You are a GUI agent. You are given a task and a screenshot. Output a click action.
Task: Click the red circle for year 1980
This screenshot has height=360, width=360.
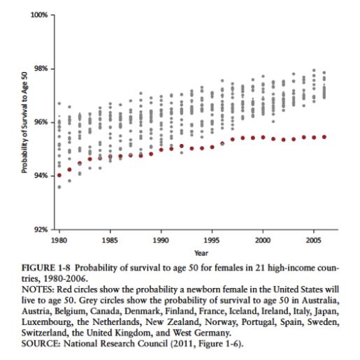(59, 175)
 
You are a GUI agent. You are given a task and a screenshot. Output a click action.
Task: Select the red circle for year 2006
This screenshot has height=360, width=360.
(324, 137)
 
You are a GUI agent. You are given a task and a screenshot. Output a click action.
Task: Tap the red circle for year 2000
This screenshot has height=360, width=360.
(263, 137)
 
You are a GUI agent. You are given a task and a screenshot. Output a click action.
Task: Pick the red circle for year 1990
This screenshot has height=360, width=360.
(161, 150)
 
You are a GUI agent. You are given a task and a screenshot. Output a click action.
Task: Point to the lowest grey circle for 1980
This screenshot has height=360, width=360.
(59, 187)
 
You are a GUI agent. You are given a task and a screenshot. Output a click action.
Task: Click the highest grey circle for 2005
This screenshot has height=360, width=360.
(314, 70)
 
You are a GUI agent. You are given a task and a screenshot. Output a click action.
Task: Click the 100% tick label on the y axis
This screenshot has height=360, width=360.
(39, 15)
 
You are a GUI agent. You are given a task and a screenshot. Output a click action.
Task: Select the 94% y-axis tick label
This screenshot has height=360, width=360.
(41, 175)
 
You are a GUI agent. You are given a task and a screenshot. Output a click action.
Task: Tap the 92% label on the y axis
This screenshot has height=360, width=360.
(41, 229)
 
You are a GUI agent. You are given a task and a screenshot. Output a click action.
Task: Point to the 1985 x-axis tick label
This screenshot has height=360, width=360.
(110, 240)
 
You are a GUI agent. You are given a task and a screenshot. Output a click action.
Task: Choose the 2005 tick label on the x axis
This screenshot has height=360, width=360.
(314, 240)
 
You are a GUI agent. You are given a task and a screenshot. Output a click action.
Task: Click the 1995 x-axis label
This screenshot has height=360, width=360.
(212, 240)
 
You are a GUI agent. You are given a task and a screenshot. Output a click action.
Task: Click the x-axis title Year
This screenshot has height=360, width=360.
(201, 253)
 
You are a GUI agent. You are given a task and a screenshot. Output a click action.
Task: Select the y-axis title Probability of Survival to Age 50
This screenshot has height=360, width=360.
(24, 122)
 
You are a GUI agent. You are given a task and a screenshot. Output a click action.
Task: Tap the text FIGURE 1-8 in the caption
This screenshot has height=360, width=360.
(46, 268)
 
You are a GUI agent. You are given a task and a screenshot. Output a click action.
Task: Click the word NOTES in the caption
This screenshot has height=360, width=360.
(38, 289)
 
